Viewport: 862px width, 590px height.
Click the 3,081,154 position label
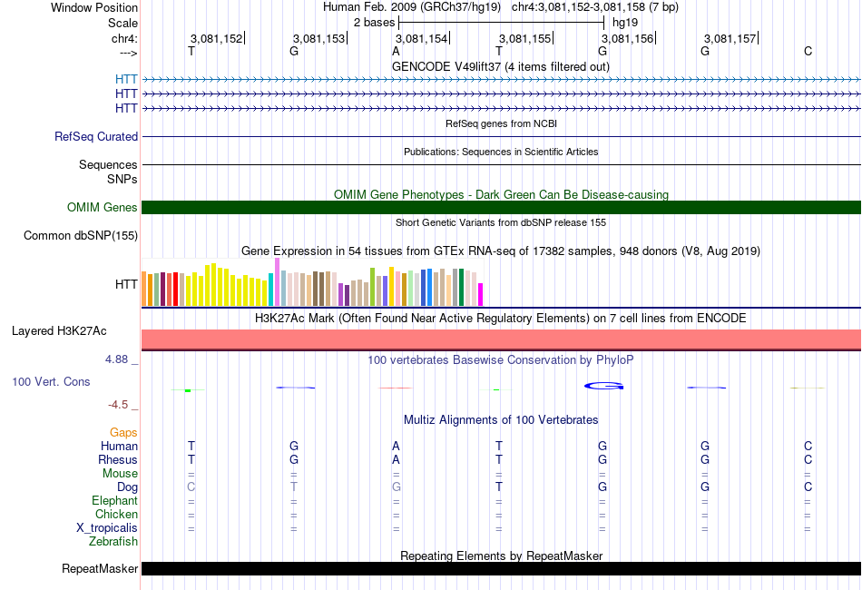click(x=422, y=38)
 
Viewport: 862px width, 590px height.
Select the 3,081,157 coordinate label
click(x=730, y=38)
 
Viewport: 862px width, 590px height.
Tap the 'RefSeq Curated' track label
click(x=96, y=136)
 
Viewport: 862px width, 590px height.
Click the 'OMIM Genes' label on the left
click(x=103, y=207)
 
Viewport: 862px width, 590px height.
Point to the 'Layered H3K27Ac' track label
click(x=59, y=331)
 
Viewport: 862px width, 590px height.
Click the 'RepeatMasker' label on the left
click(x=100, y=568)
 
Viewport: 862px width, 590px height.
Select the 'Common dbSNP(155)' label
click(x=81, y=235)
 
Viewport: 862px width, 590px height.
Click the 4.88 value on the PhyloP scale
click(x=116, y=359)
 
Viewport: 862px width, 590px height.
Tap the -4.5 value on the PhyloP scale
click(x=118, y=405)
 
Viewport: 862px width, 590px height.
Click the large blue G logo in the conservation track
click(x=603, y=386)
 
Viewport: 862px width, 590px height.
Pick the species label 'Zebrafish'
click(x=113, y=542)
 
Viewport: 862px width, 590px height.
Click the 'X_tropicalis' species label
click(x=107, y=528)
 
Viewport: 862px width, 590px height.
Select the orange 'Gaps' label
click(x=123, y=433)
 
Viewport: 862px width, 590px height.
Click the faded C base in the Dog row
click(x=191, y=487)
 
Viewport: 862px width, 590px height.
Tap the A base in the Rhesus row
click(x=396, y=459)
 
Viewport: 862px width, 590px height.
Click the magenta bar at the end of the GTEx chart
click(x=481, y=294)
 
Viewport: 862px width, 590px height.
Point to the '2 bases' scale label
click(x=375, y=23)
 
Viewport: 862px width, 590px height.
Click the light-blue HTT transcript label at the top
click(x=126, y=80)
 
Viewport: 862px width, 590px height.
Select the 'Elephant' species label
click(x=115, y=501)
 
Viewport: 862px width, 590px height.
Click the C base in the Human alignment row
click(x=808, y=446)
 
